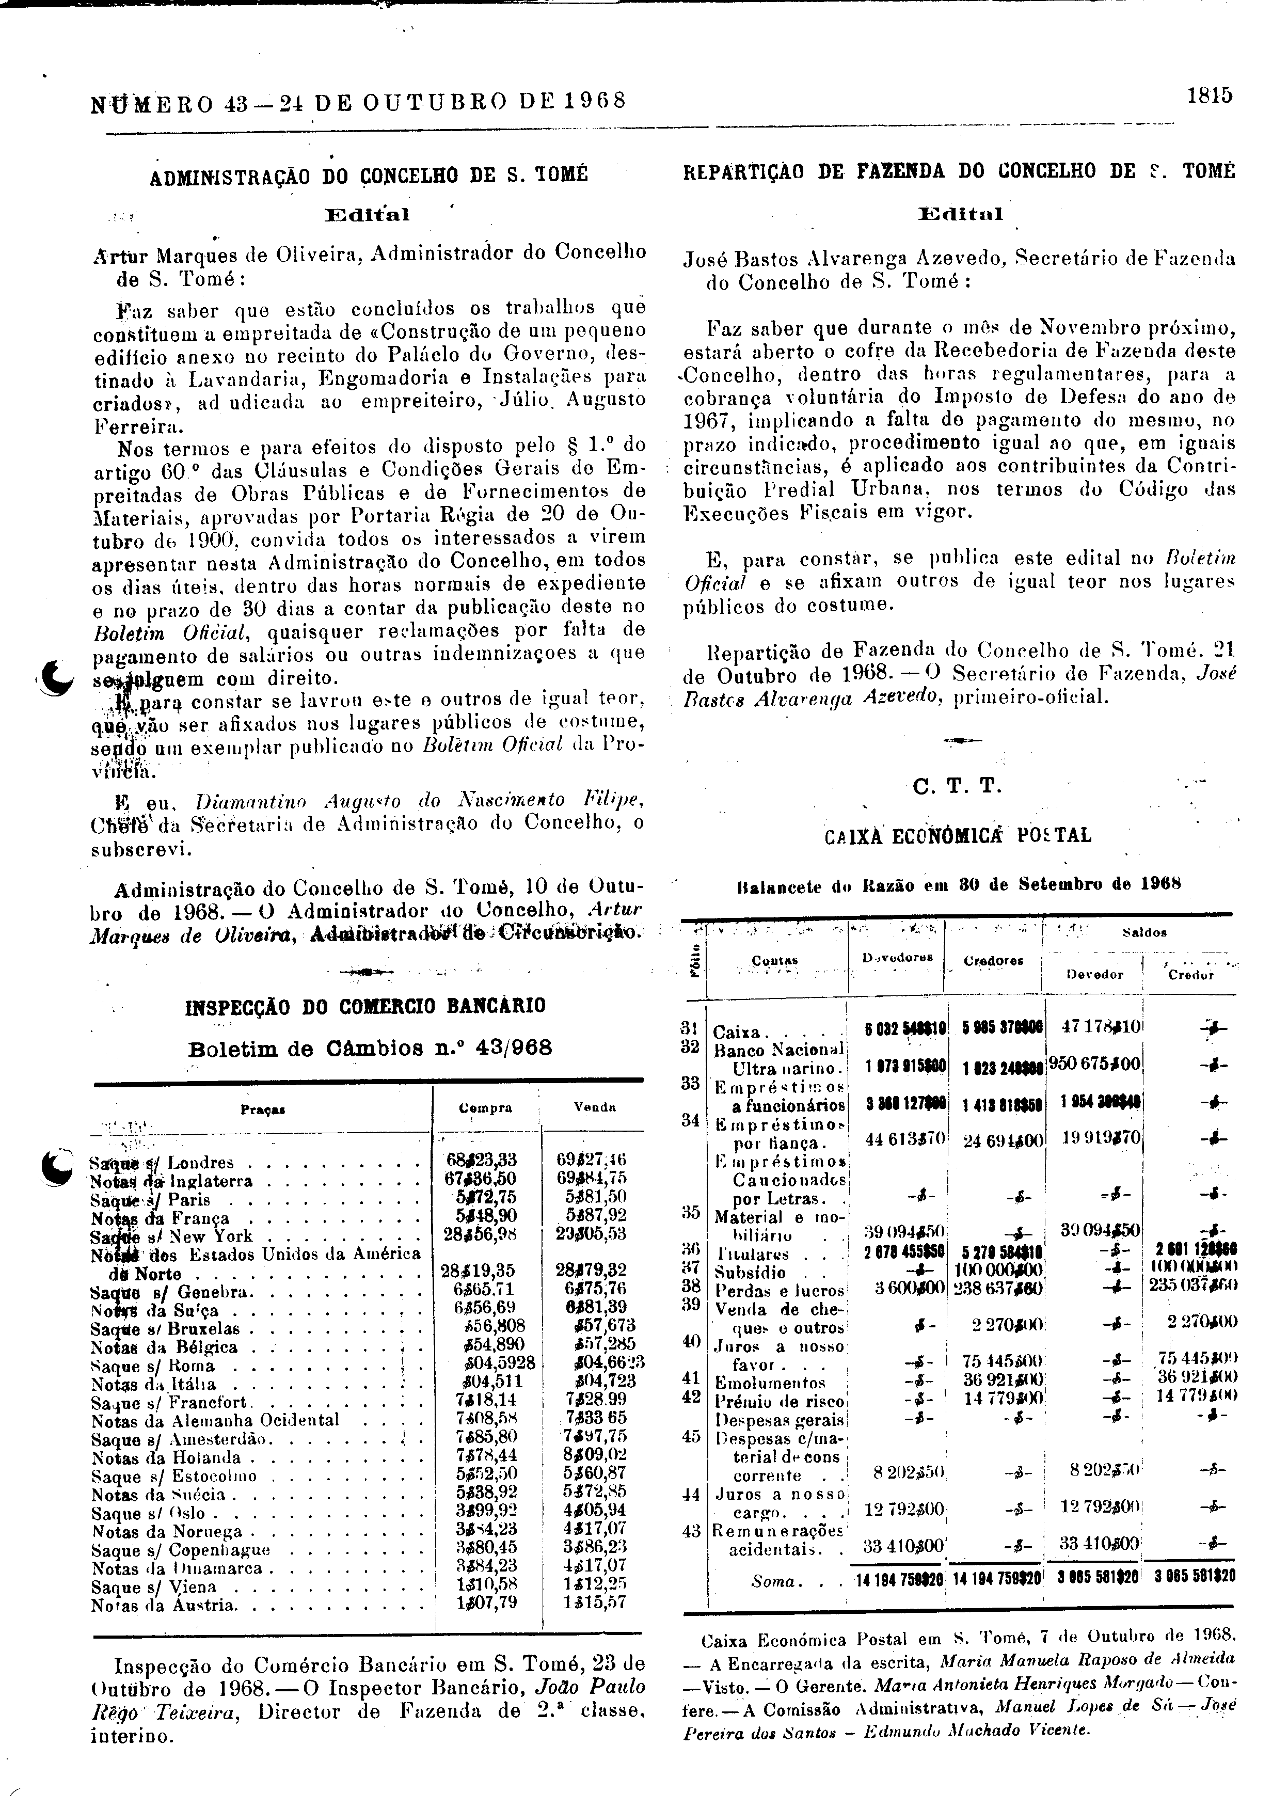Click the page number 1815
1209,96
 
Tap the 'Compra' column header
485,1108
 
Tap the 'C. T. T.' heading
957,786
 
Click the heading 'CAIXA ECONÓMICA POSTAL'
958,836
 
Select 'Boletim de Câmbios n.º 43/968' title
370,1049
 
